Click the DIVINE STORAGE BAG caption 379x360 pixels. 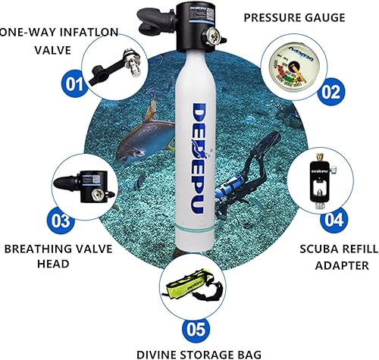pos(199,352)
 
